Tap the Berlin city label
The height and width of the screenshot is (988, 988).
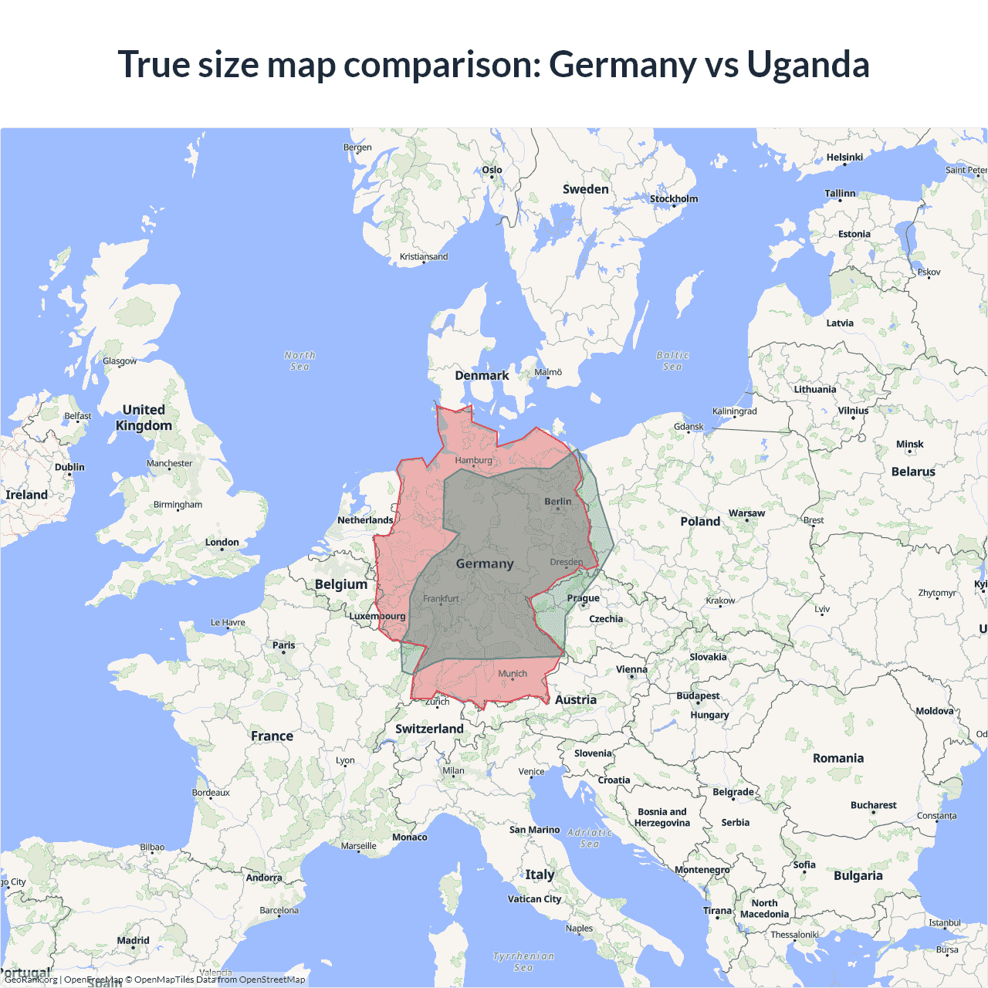(x=558, y=502)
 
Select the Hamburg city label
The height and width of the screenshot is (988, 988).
(x=473, y=460)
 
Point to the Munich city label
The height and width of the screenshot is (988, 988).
(x=513, y=674)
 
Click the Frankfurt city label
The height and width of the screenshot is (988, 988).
(x=441, y=599)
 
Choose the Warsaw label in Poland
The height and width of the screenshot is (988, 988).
(x=746, y=513)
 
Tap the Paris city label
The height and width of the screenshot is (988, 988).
(x=283, y=645)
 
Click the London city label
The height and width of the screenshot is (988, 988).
(x=222, y=543)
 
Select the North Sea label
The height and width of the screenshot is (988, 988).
(x=299, y=360)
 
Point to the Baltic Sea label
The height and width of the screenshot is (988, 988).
(x=672, y=360)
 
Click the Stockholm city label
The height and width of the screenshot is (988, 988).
(x=673, y=199)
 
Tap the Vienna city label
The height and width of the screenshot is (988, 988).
(x=631, y=670)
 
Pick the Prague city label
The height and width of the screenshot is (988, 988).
(x=584, y=598)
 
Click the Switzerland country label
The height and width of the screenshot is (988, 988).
(x=429, y=729)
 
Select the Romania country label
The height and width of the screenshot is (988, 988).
(x=838, y=758)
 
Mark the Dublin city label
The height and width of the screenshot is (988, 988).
(x=69, y=468)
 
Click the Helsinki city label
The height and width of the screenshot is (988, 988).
(x=844, y=157)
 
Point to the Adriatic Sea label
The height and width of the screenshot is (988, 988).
(x=590, y=837)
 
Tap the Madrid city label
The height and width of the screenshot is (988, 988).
(x=133, y=940)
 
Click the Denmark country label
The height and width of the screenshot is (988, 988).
(x=482, y=376)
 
